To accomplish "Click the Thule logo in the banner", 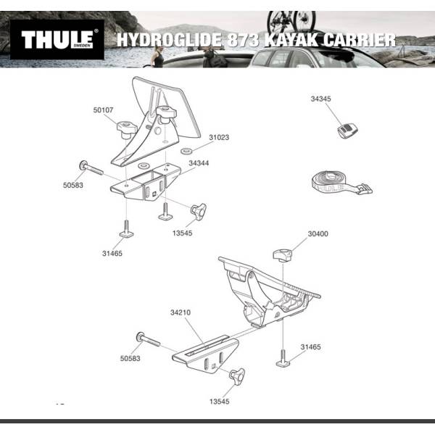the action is click(x=57, y=39).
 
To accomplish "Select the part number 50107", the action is click(x=103, y=110).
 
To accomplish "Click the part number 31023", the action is click(x=219, y=137).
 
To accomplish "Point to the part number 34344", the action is click(x=199, y=163).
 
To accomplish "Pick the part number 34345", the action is click(x=320, y=99).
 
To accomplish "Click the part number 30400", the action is click(x=318, y=234).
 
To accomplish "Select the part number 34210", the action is click(x=181, y=312).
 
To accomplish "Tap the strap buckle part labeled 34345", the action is click(x=347, y=130).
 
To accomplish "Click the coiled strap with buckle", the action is click(x=341, y=183).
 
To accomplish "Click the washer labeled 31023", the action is click(x=186, y=152).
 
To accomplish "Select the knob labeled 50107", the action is click(x=126, y=130).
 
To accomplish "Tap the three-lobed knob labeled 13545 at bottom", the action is click(x=237, y=376).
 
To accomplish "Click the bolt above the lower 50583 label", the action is click(x=148, y=339).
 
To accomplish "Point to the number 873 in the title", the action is click(x=243, y=40).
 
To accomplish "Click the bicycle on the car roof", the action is click(x=291, y=22).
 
